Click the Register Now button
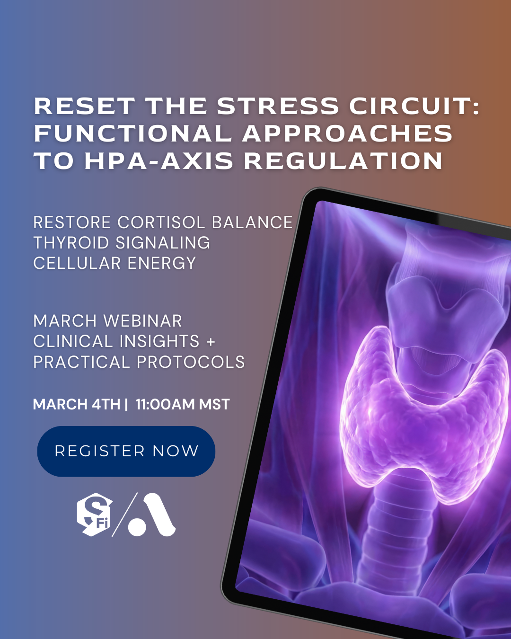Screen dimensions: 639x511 (x=126, y=451)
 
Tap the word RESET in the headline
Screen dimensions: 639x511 (x=85, y=106)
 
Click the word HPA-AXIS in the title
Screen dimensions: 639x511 (x=159, y=161)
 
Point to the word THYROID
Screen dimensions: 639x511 (x=71, y=243)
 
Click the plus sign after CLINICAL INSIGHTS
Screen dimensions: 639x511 (x=211, y=341)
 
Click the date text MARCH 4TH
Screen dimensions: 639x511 (x=77, y=405)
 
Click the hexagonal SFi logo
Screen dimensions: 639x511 (x=95, y=515)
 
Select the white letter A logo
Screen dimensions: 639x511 (x=152, y=515)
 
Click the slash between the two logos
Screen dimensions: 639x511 (x=124, y=515)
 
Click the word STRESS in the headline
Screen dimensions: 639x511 (x=278, y=106)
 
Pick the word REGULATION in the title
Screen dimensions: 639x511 (x=344, y=161)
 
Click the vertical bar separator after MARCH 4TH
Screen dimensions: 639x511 (x=126, y=405)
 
